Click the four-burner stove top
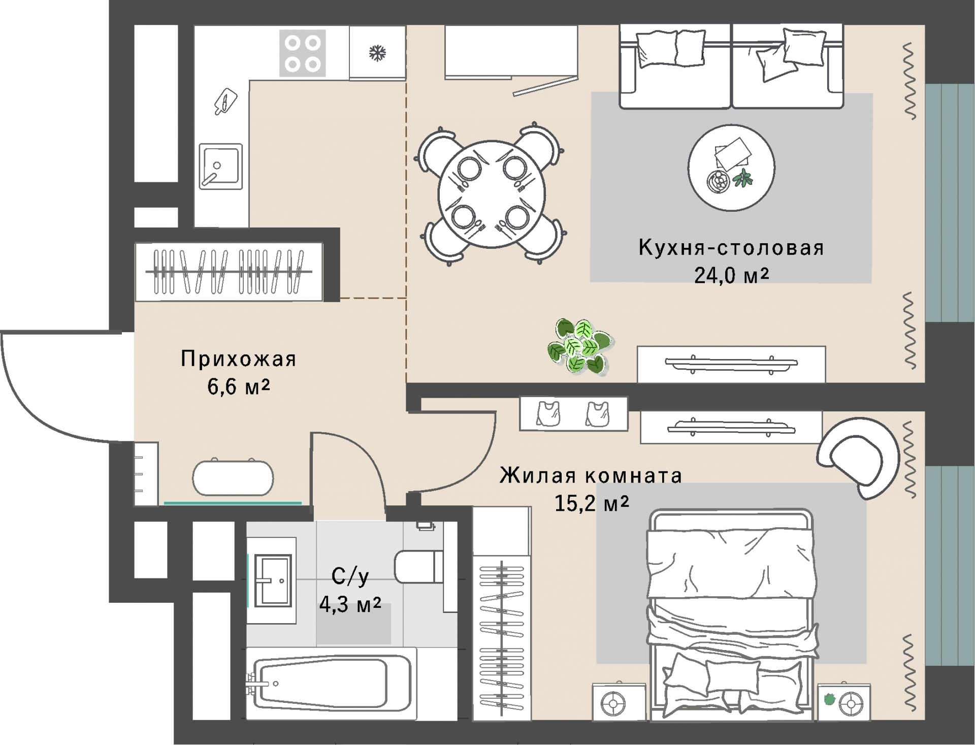pos(302,53)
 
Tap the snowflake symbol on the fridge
pos(377,53)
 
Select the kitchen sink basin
pos(220,165)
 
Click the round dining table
pos(492,194)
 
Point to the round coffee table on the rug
pos(731,168)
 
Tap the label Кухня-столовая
pos(731,248)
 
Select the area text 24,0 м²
pos(731,275)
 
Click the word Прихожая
pos(238,359)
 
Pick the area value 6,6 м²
pos(238,387)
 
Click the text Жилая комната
pos(591,476)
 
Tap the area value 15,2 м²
pos(592,503)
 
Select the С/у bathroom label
pos(350,576)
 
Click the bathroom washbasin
pos(273,580)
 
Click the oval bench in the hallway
pos(233,477)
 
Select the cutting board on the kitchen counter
pos(225,101)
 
